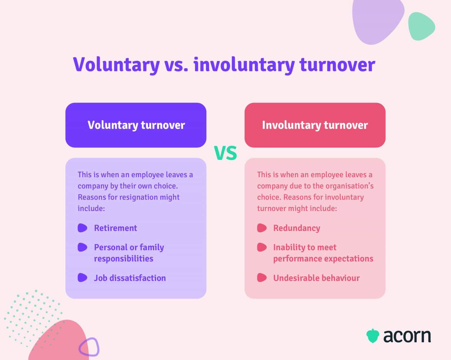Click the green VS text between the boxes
(225, 153)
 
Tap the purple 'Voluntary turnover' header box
(136, 125)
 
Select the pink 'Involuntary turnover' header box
(315, 125)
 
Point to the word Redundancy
(297, 228)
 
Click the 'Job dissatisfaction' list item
(130, 278)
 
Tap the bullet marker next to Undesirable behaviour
(262, 278)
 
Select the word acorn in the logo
(407, 336)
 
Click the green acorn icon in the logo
(373, 336)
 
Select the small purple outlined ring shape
(89, 347)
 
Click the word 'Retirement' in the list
(115, 228)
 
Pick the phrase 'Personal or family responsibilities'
(129, 253)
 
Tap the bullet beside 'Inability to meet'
(262, 247)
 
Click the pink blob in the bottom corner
(59, 343)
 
